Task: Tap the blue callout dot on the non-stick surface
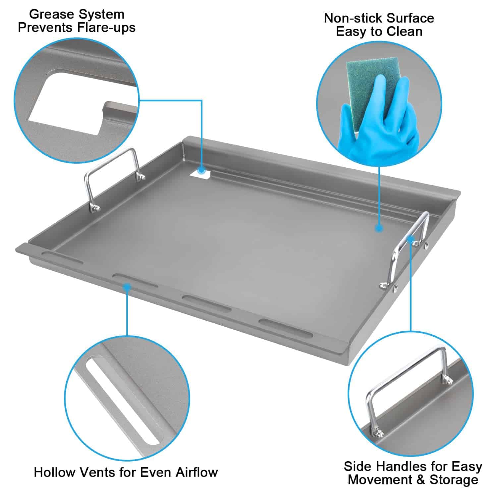pos(379,228)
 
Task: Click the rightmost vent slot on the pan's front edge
pos(286,328)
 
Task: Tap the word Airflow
pos(196,472)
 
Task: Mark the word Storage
pos(454,480)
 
